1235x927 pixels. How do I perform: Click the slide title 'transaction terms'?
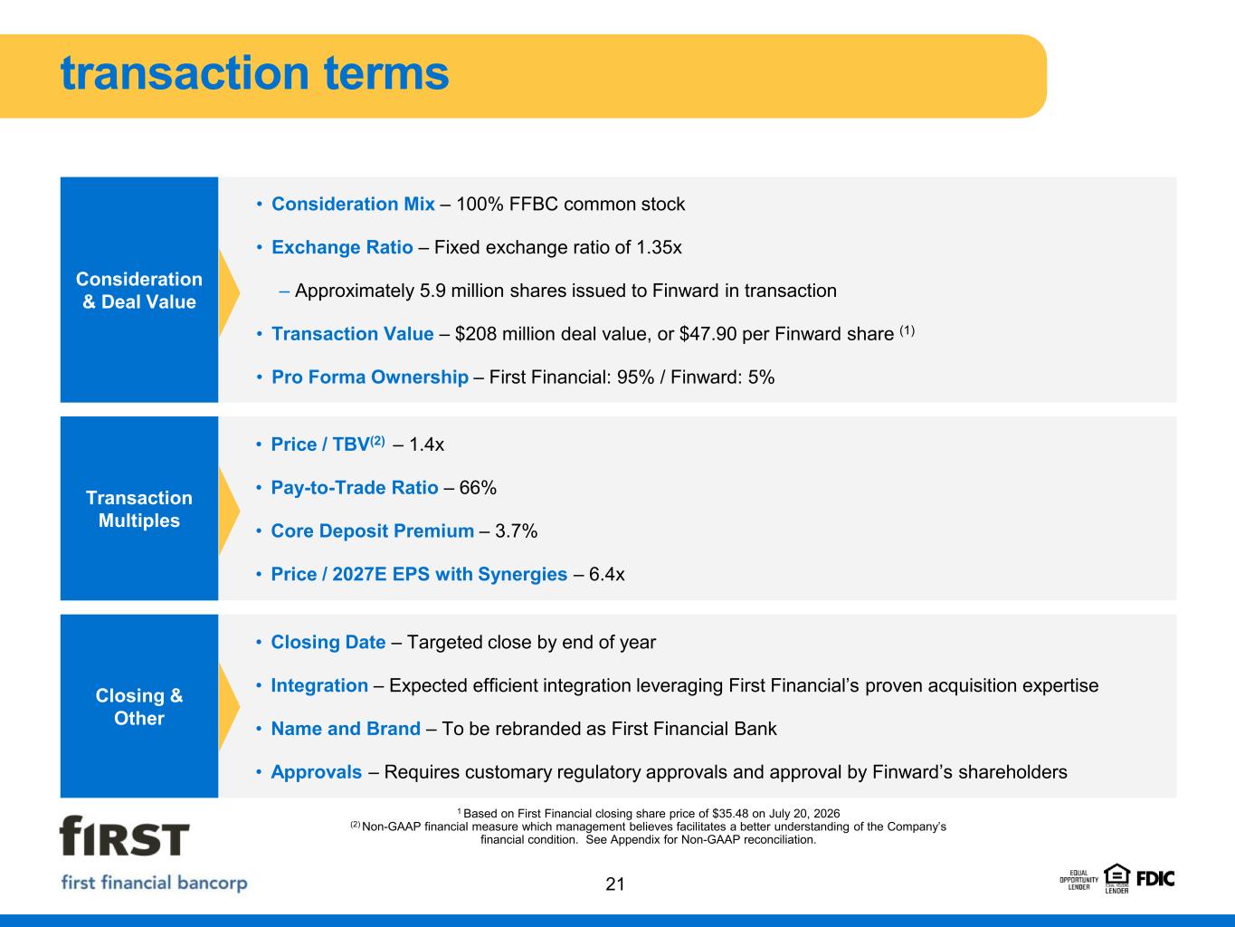(x=254, y=72)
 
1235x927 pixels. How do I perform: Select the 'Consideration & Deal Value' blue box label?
(x=139, y=291)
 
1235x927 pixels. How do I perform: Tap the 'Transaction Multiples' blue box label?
(x=139, y=509)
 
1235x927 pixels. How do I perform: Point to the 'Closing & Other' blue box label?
(x=139, y=707)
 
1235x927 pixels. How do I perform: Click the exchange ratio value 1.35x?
(x=659, y=247)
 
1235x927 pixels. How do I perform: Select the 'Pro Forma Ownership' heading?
(x=370, y=377)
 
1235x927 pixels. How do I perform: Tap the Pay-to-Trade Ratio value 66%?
(x=478, y=487)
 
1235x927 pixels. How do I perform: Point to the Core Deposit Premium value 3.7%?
(x=516, y=530)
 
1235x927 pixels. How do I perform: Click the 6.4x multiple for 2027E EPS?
(x=606, y=574)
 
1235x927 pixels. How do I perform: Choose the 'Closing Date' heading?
(x=328, y=642)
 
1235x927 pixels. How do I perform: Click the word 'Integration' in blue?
(x=319, y=685)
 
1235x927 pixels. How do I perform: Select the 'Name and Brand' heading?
(x=346, y=729)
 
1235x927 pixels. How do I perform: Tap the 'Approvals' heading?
(x=316, y=772)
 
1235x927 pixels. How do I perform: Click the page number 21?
(x=615, y=884)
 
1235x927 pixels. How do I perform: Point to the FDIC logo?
(x=1155, y=879)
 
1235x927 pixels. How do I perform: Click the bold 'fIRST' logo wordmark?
(x=124, y=836)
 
